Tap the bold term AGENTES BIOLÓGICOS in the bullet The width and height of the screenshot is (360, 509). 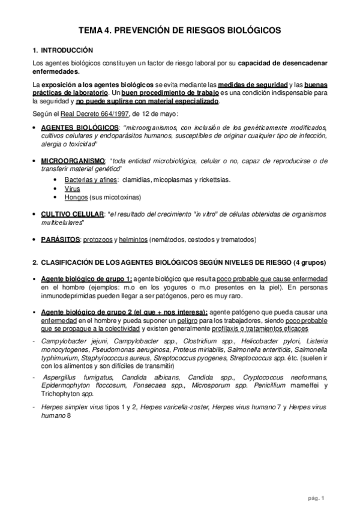79,128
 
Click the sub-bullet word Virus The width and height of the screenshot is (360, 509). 71,188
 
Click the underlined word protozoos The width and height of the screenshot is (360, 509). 134,239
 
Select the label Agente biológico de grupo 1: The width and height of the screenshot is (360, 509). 86,279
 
